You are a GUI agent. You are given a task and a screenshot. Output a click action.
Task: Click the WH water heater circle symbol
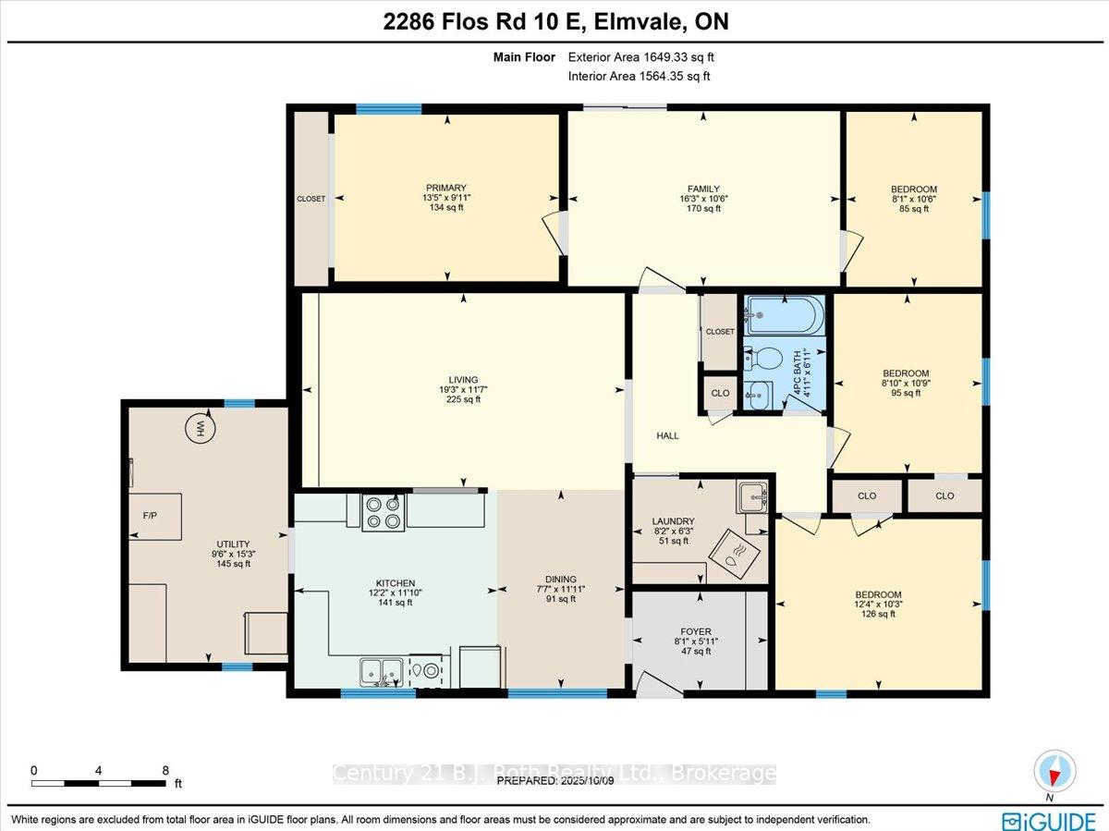pos(201,429)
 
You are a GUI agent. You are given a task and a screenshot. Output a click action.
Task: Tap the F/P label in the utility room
pos(150,515)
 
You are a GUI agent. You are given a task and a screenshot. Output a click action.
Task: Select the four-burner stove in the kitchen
pos(384,513)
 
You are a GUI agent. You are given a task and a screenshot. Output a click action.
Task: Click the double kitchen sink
pos(382,672)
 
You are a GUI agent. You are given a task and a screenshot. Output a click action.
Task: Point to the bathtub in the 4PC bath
pos(785,315)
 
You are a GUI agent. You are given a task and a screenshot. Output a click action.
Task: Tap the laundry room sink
pos(752,496)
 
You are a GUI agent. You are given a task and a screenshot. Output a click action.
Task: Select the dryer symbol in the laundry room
pos(734,555)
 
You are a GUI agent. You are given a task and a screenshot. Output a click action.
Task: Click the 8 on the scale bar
pos(165,770)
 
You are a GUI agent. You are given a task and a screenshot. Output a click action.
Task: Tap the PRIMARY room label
pos(446,188)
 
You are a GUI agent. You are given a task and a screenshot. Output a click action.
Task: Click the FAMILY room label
pos(703,189)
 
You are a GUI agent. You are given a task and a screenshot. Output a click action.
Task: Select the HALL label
pos(667,435)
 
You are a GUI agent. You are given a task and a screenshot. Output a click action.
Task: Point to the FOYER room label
pos(696,631)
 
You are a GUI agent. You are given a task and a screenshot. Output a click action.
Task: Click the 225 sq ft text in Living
pos(463,399)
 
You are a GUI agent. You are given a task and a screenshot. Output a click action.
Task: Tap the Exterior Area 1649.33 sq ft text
pos(640,57)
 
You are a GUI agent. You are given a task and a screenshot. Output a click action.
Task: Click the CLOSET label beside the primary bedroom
pos(311,199)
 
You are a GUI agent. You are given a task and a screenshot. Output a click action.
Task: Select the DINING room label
pos(561,579)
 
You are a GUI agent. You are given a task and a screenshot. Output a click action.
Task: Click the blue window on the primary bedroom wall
pos(388,108)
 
